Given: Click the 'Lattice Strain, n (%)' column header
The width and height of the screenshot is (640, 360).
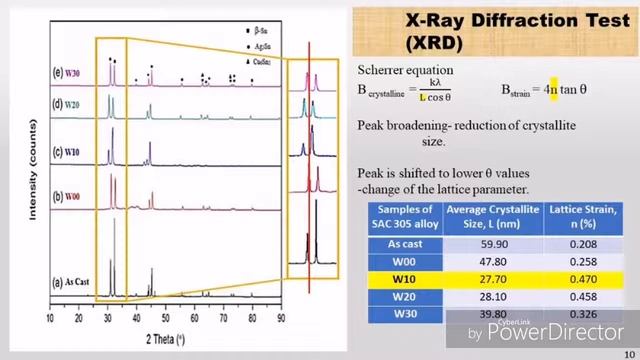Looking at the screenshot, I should (568, 213).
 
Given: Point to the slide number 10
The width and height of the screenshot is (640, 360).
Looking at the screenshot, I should (628, 352).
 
